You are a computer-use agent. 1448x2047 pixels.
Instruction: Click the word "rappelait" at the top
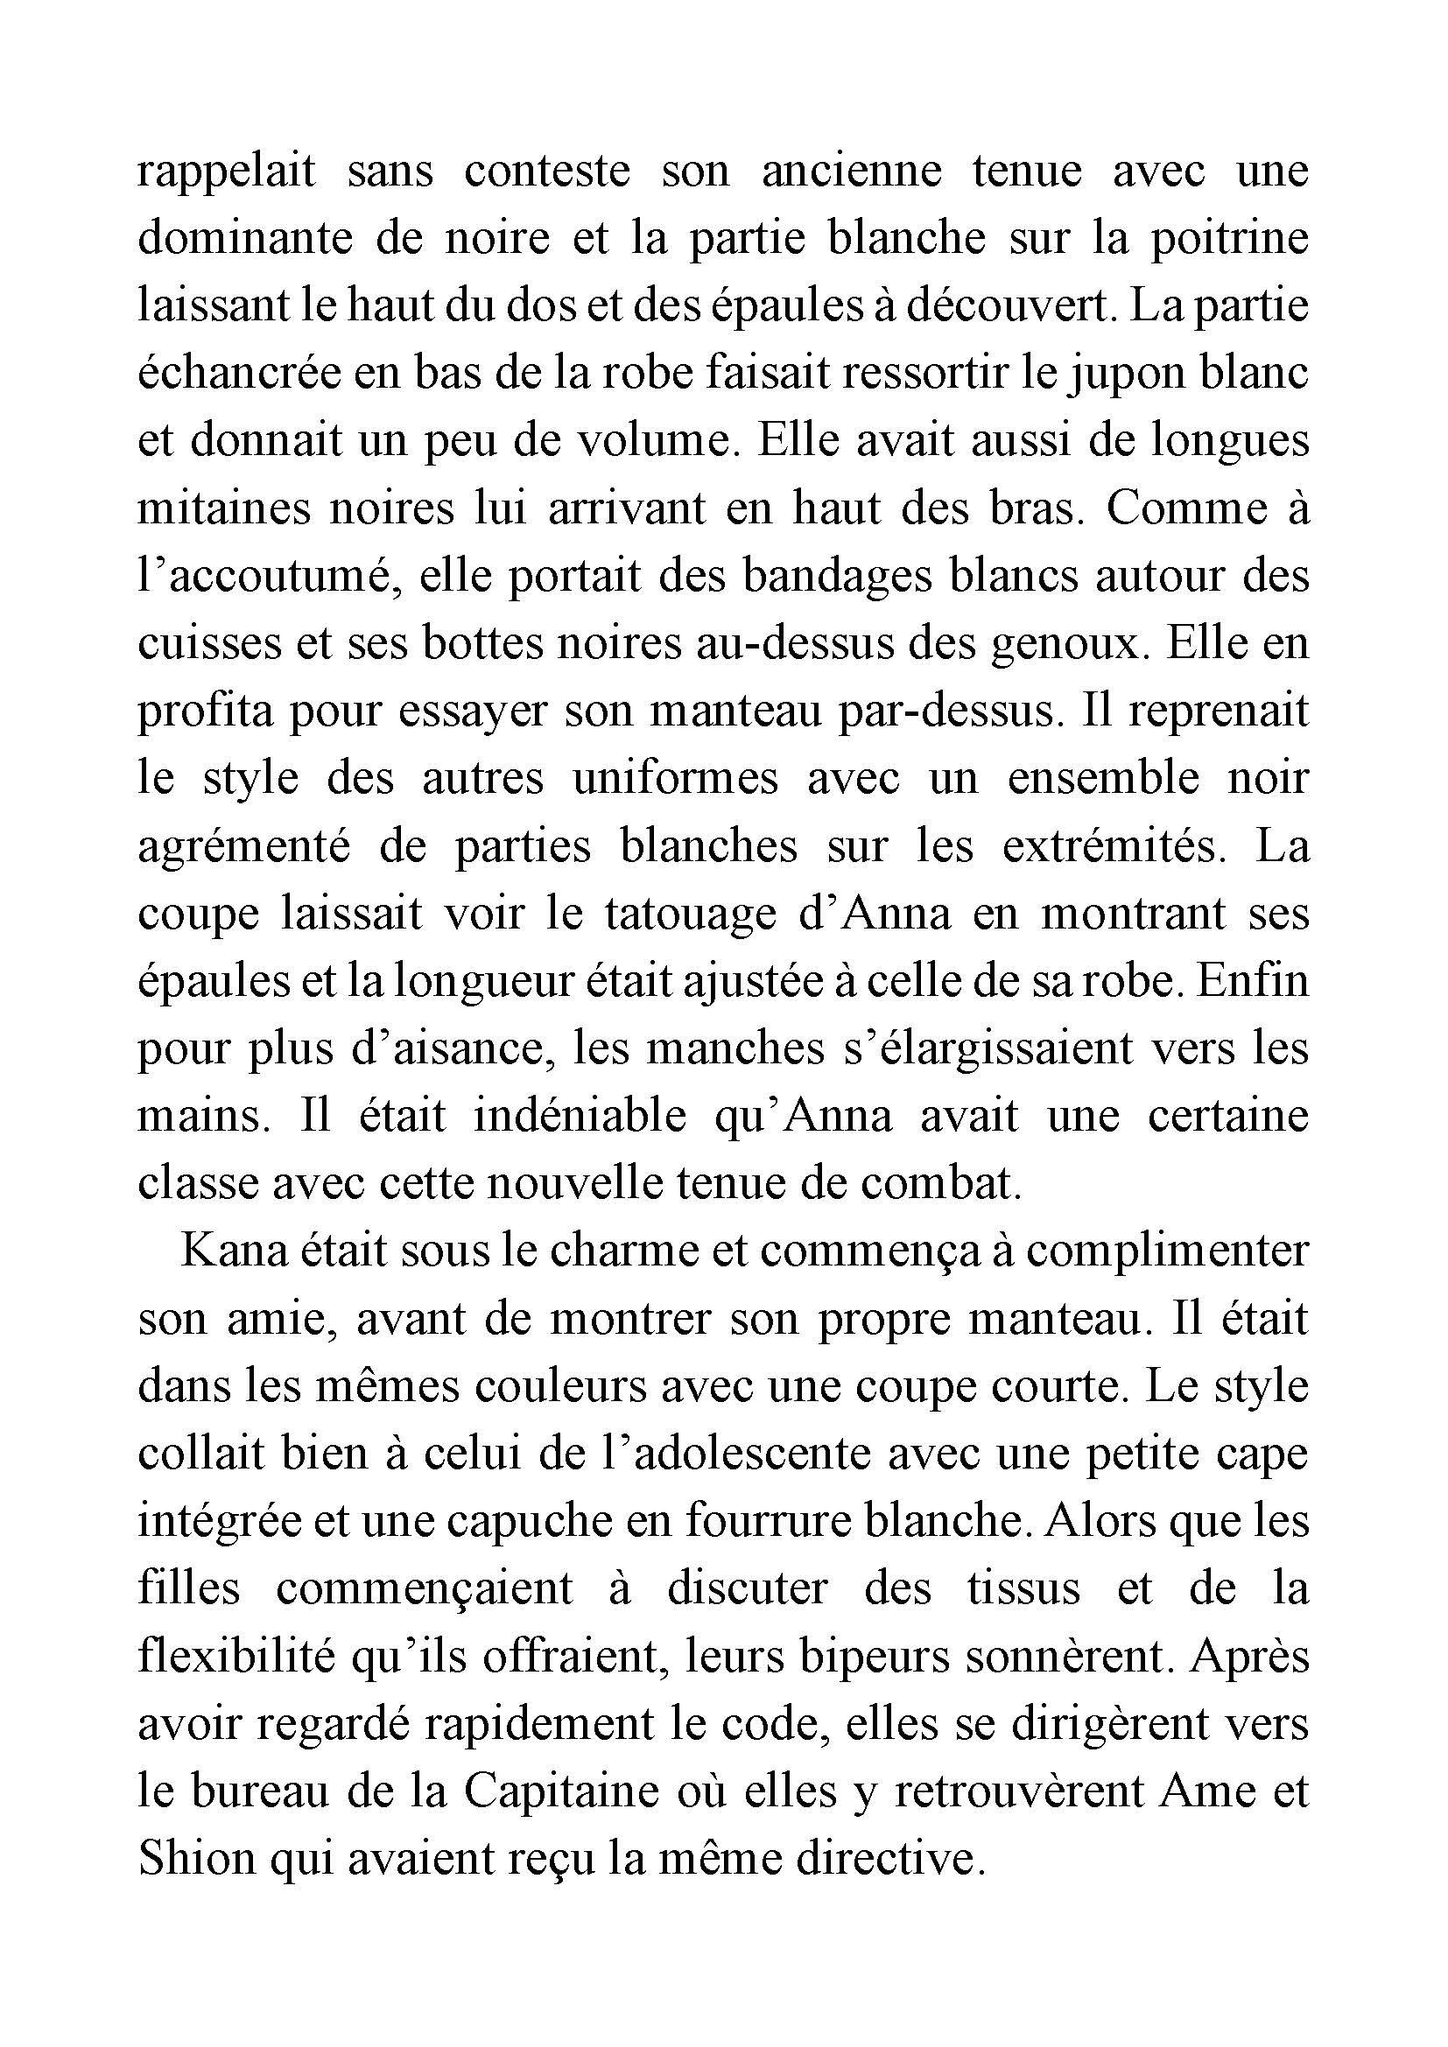(227, 172)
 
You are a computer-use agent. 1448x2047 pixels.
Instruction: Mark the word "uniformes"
(675, 778)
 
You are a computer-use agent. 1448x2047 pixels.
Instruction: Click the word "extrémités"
(1114, 845)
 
